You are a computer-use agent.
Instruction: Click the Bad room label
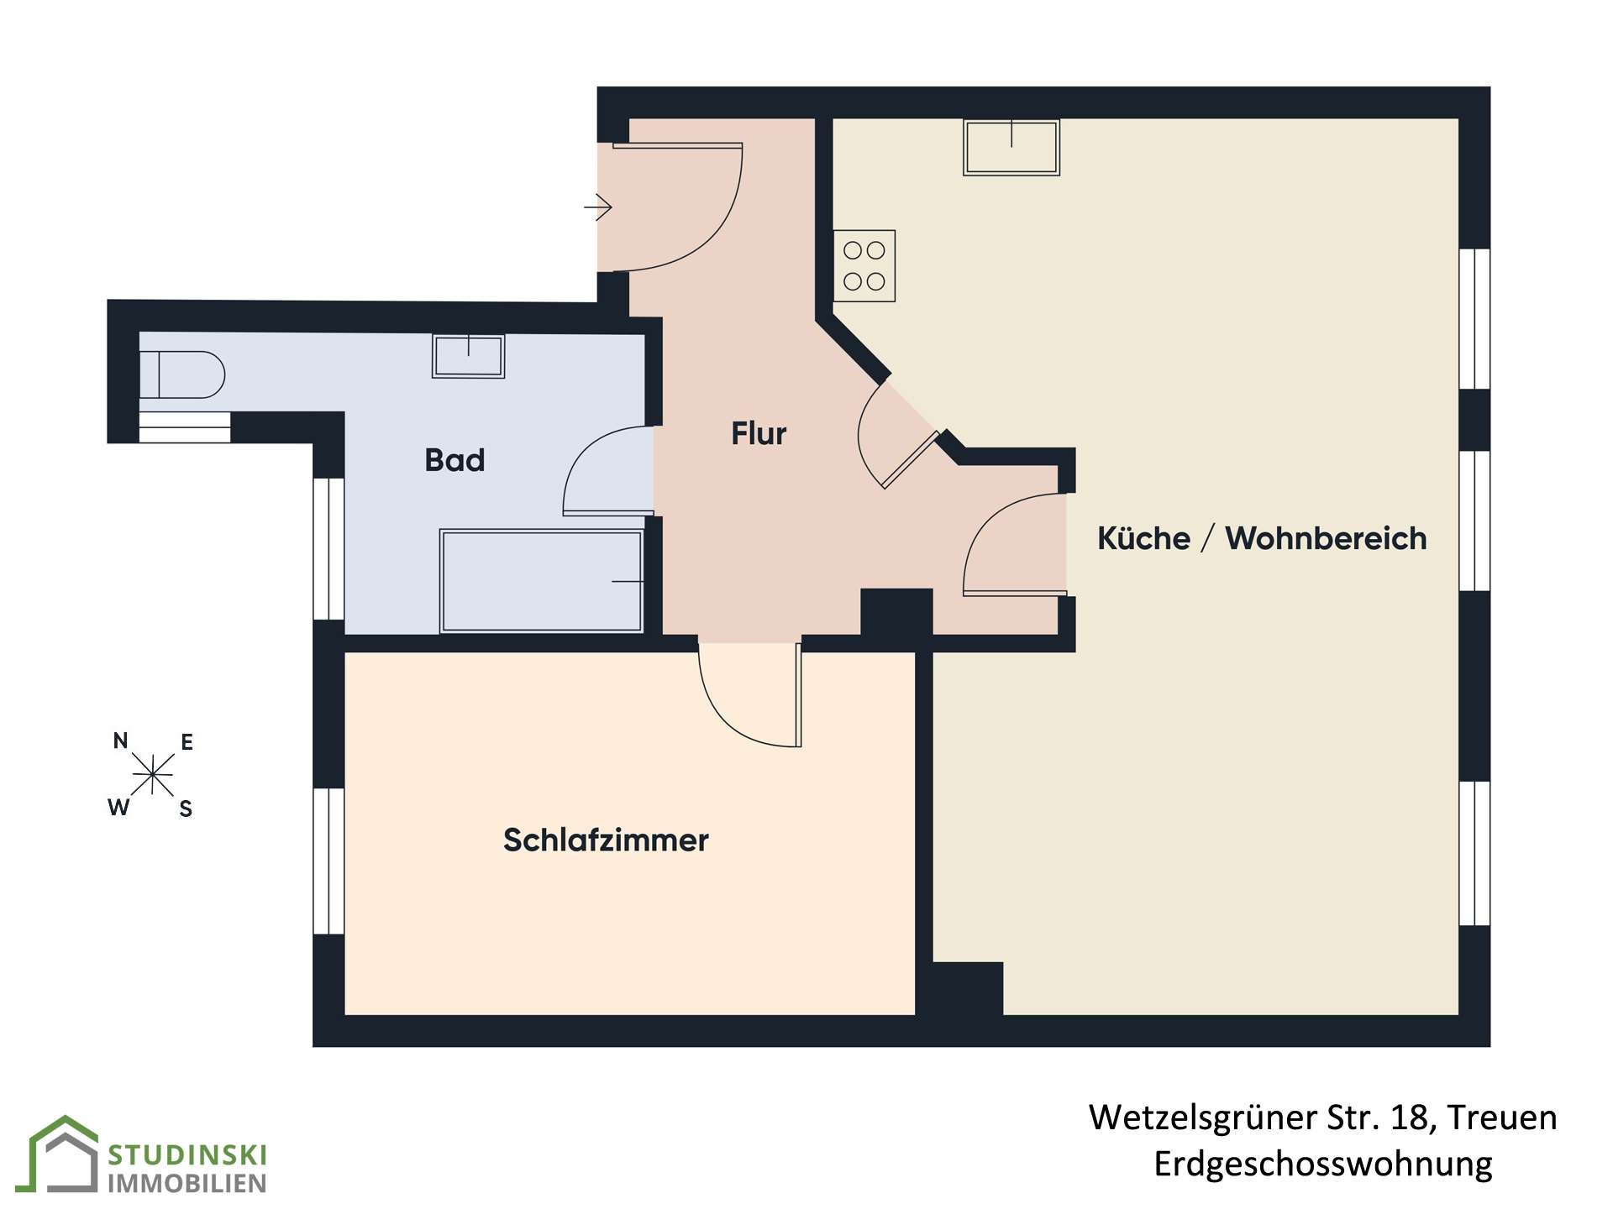454,460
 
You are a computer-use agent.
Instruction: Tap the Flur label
759,433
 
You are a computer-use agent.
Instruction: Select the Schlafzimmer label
606,840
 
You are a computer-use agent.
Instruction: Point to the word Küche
1143,538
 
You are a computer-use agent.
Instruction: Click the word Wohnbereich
1326,538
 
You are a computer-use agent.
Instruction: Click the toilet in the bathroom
181,374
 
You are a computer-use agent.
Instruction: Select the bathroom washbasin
468,356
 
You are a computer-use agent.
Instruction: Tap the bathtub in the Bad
542,580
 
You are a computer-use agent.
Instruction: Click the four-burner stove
864,265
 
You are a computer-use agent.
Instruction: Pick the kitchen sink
1011,147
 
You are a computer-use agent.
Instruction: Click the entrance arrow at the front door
597,207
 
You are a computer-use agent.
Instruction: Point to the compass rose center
152,774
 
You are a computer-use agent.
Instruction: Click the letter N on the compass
121,741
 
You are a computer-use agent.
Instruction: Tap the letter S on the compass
186,809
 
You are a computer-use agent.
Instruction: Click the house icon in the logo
64,1154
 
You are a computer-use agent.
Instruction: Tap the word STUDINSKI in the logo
187,1155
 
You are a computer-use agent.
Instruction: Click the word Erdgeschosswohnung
1323,1164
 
